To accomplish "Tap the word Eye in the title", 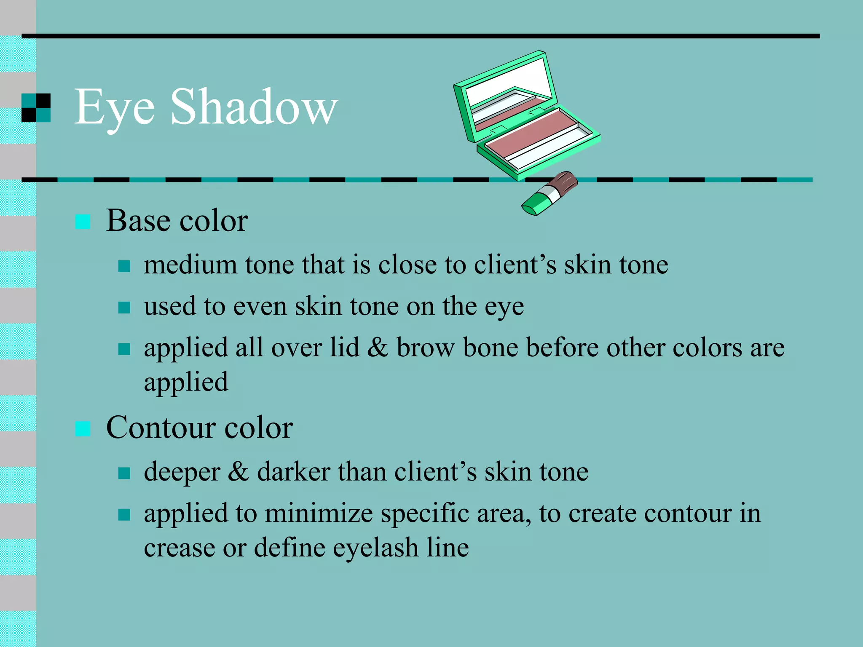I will pos(114,109).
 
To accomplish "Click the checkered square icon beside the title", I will pos(36,108).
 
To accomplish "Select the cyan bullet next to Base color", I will pos(83,222).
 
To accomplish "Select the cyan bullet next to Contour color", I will pos(83,429).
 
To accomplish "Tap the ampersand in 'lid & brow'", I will pos(378,348).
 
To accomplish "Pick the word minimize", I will pos(319,514).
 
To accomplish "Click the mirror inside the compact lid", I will pos(510,82).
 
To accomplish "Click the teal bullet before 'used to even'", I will pos(124,307).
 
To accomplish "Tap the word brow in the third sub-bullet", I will pos(426,348).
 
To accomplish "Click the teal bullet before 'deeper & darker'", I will pos(124,473).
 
